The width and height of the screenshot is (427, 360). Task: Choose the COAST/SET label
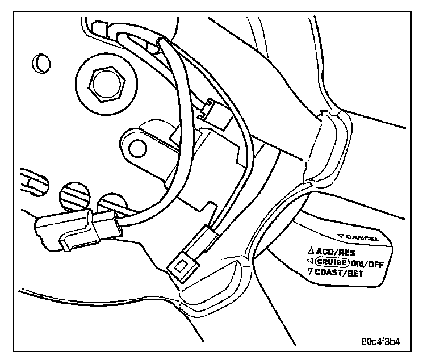point(342,273)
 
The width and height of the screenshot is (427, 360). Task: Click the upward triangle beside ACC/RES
point(310,250)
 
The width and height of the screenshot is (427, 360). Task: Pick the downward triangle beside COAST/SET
point(310,271)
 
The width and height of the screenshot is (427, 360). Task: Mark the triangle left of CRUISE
point(310,261)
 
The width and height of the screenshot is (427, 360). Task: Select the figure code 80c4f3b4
point(385,343)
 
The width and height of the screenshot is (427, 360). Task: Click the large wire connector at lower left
point(77,227)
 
